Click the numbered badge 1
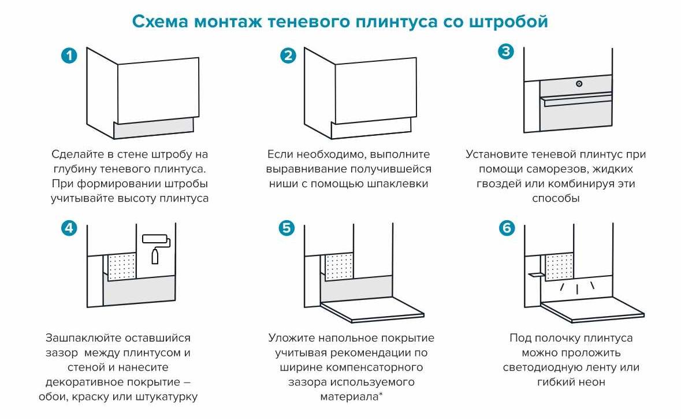pos(69,56)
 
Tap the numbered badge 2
pos(288,56)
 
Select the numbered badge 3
pos(506,51)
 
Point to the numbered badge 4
pos(69,228)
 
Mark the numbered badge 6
pos(506,228)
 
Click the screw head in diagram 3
pos(579,84)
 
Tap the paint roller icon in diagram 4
pos(156,246)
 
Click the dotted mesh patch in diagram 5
pos(340,266)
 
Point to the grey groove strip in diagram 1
pos(154,128)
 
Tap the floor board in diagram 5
pos(370,312)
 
